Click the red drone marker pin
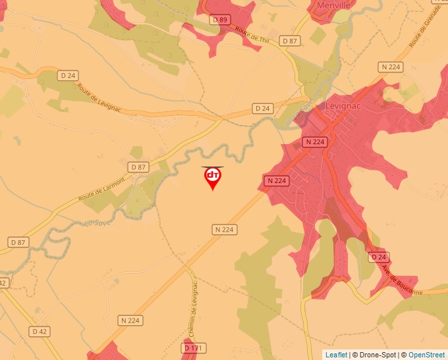pos(212,177)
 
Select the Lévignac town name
pos(341,105)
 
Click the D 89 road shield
pos(219,20)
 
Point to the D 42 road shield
pos(39,331)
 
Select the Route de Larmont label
pos(101,190)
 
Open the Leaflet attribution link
pos(336,355)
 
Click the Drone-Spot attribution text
pos(375,355)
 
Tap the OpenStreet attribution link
pos(427,355)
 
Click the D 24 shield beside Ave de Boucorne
pos(378,257)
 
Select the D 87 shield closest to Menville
pos(290,41)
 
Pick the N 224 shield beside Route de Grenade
pos(391,67)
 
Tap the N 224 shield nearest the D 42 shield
pos(131,321)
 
